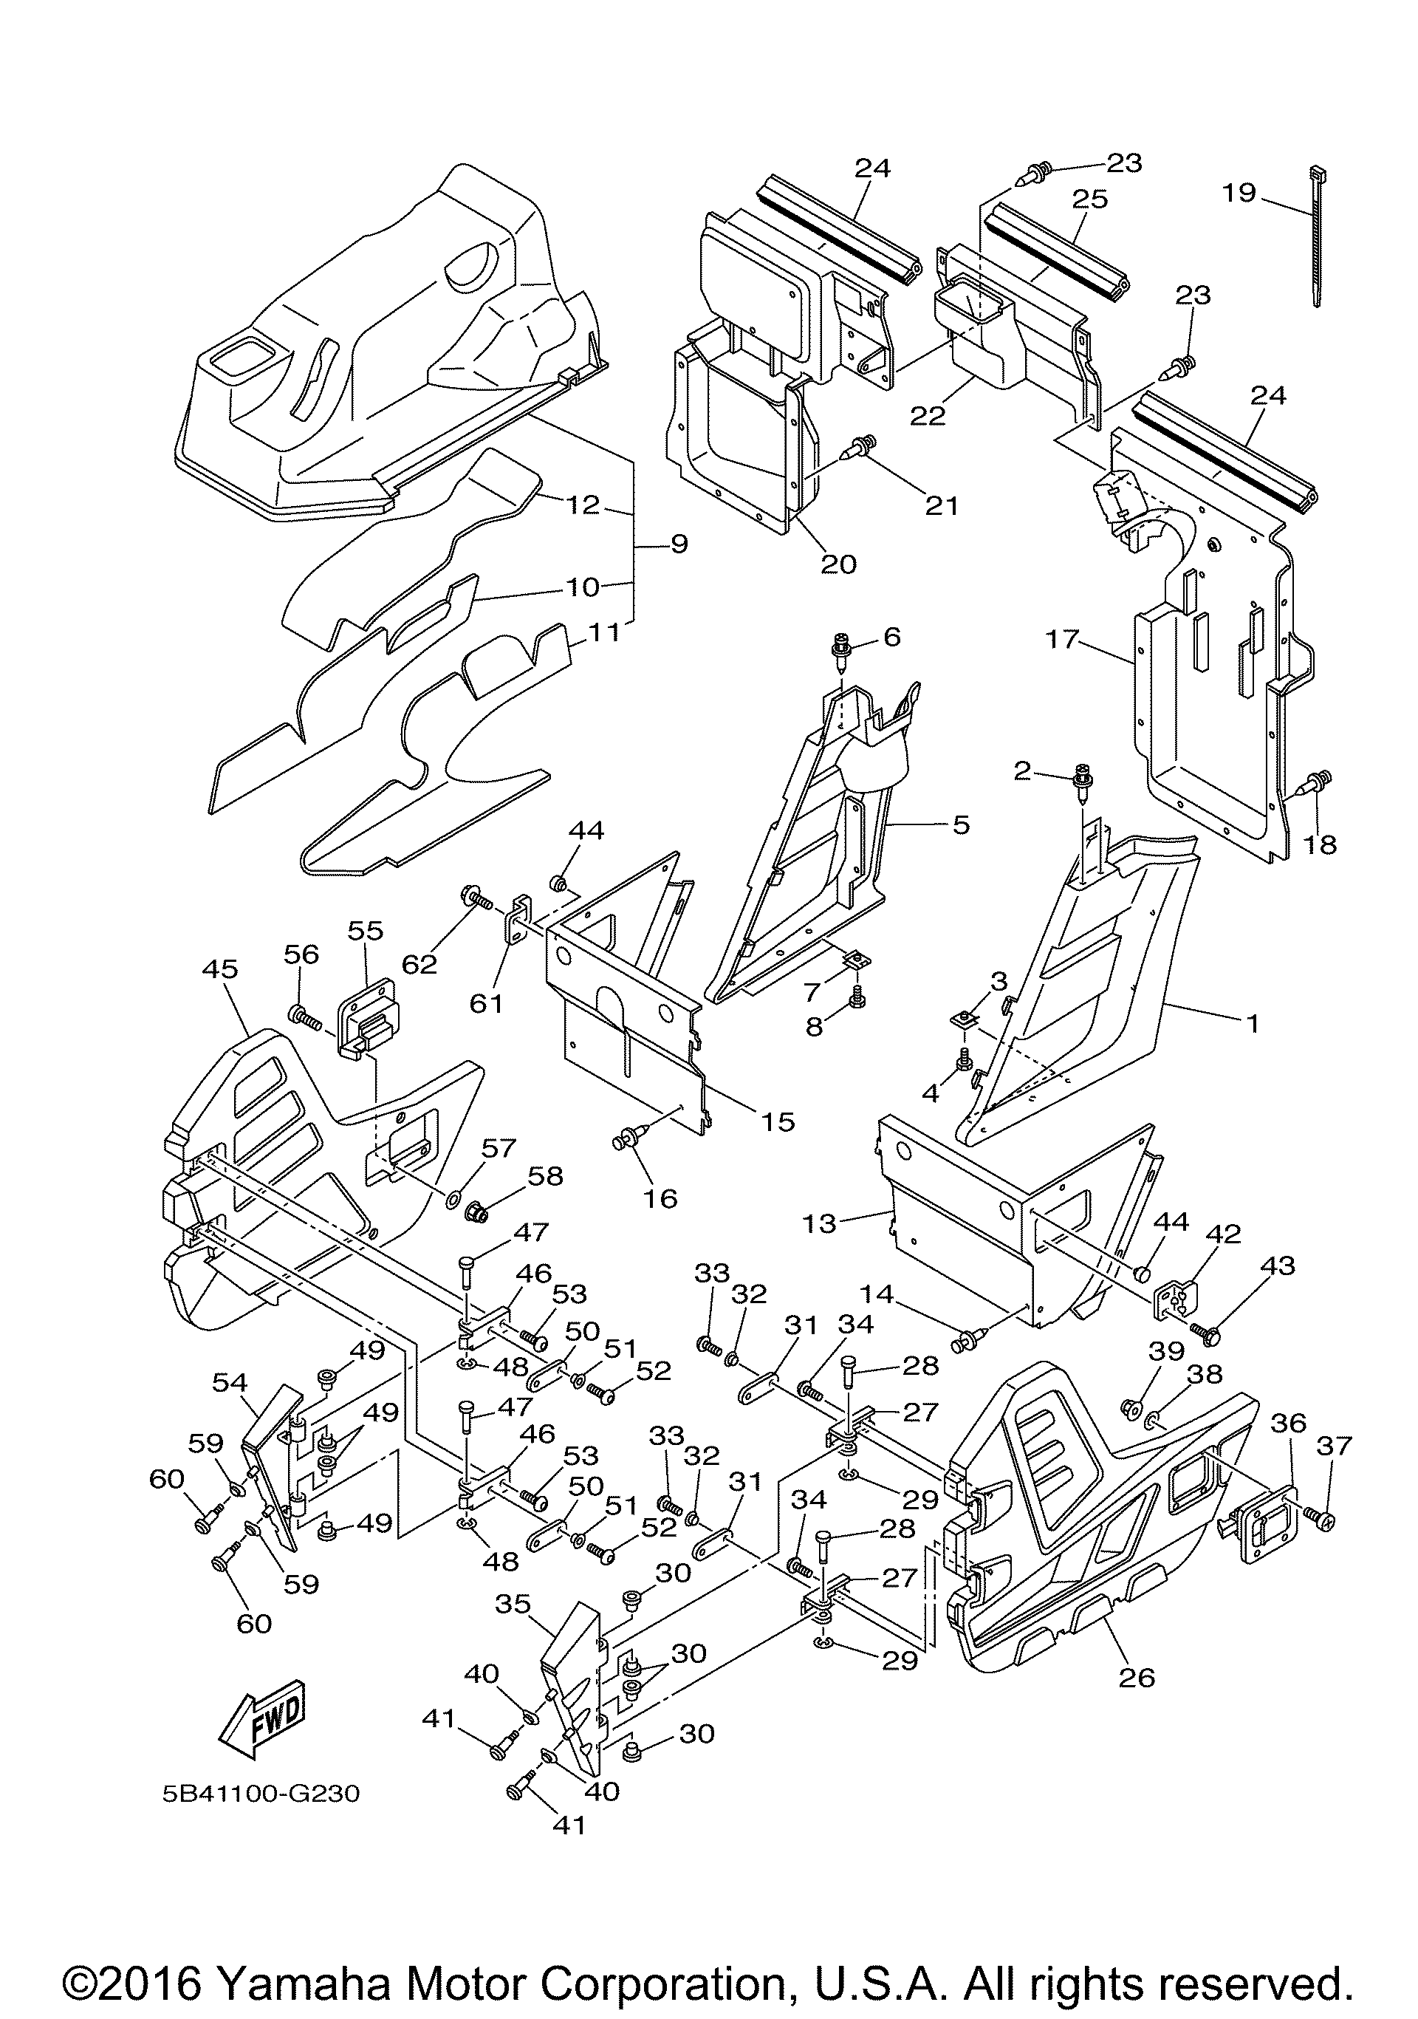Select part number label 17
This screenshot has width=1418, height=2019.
1061,638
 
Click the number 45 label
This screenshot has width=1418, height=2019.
220,969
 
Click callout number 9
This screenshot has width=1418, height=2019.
679,544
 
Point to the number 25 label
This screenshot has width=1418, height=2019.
1089,199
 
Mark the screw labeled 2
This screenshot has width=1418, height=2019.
1080,785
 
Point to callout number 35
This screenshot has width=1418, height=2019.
513,1604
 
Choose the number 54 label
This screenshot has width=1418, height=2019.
230,1381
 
